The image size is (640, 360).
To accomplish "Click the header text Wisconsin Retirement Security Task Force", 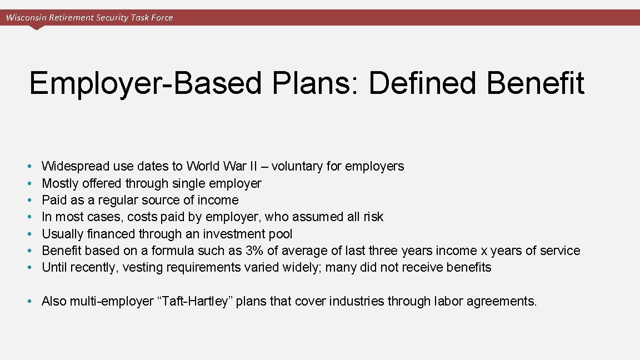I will coord(89,17).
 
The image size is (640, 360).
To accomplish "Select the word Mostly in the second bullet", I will coord(60,183).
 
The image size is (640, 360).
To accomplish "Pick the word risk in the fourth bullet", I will coord(372,217).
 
